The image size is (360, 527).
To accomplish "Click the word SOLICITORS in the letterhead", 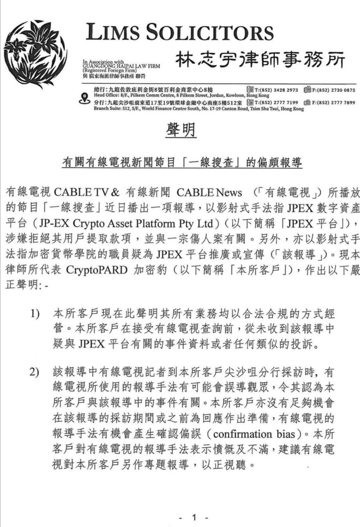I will click(210, 33).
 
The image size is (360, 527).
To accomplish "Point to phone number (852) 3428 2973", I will click(276, 90).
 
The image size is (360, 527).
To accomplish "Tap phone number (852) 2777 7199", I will click(276, 102).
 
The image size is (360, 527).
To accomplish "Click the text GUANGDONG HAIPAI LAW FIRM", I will click(121, 66).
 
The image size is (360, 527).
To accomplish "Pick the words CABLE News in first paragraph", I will click(209, 192).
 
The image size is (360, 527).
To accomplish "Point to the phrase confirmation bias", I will click(254, 434).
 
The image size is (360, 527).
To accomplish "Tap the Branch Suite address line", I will click(199, 109).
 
